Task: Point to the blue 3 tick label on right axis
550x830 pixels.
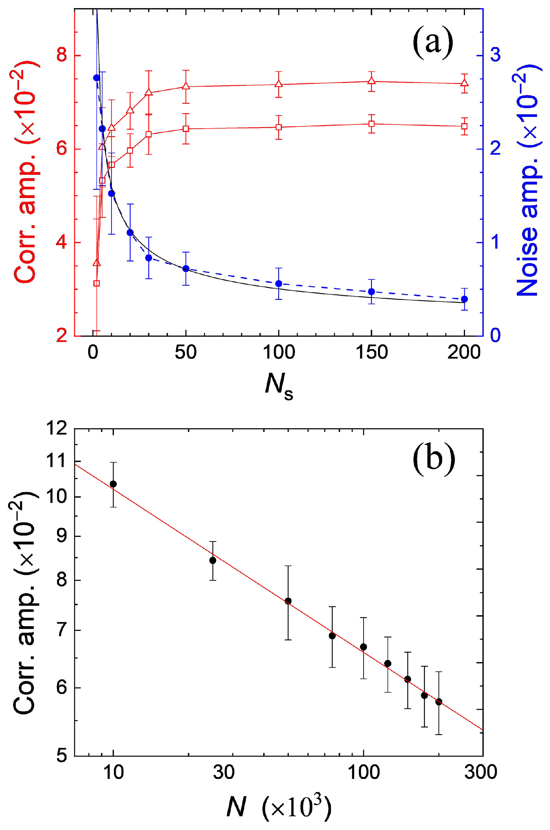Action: [x=495, y=56]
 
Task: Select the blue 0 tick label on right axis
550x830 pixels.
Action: [x=495, y=336]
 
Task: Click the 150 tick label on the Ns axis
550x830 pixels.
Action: [x=372, y=352]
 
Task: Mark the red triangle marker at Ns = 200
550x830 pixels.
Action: [x=464, y=83]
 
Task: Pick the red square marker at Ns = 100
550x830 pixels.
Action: [x=279, y=127]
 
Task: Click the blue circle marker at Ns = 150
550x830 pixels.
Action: [x=372, y=292]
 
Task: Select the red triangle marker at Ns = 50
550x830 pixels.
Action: [x=186, y=86]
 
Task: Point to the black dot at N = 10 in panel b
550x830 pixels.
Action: [x=113, y=484]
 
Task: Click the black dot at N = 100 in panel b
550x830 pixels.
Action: [x=364, y=647]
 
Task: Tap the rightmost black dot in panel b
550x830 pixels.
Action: [x=438, y=702]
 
